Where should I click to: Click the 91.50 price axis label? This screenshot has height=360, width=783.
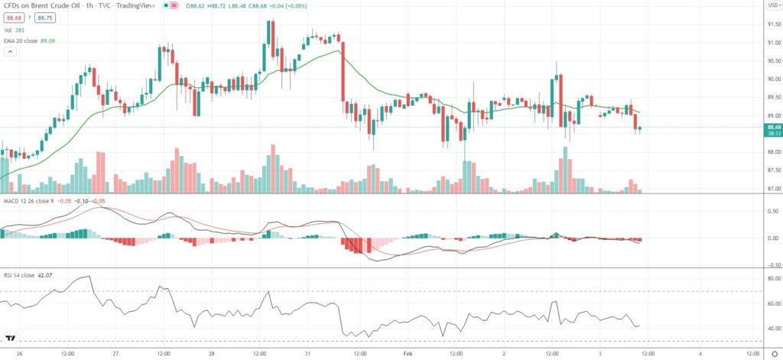click(774, 24)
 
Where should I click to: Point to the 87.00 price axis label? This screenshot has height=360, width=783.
click(774, 188)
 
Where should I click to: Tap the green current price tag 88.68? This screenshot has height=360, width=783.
click(774, 127)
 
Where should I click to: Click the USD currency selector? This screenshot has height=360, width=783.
click(773, 5)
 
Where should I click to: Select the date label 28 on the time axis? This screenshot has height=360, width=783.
click(212, 353)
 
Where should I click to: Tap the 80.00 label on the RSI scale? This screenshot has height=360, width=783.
click(774, 278)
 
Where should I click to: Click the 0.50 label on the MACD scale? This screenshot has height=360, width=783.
click(774, 212)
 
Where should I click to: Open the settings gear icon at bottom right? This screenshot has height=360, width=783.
click(774, 353)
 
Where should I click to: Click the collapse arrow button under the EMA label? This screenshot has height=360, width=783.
click(10, 51)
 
